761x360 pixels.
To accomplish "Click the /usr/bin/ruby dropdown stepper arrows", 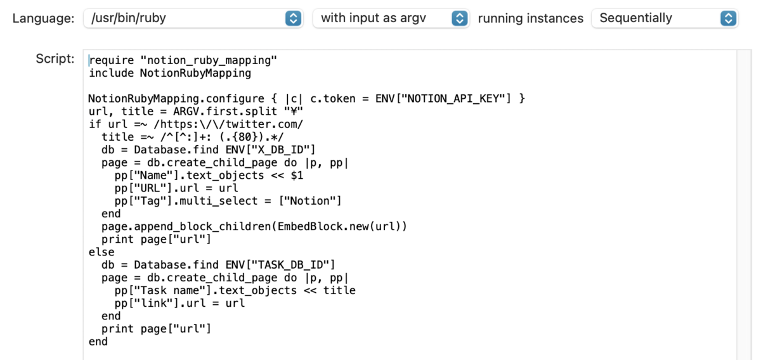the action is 293,18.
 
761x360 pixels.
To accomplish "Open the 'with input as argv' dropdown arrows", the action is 460,18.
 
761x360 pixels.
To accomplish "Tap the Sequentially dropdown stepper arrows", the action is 729,18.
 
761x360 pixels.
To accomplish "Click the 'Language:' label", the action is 44,18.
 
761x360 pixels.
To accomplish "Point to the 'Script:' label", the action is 55,59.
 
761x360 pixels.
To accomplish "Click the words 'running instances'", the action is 531,18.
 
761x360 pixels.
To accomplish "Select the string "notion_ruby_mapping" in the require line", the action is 209,60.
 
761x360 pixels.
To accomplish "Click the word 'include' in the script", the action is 111,73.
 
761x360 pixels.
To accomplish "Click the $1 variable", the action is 297,175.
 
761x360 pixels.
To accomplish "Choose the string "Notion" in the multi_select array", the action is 310,201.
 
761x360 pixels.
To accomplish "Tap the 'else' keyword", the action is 101,252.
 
